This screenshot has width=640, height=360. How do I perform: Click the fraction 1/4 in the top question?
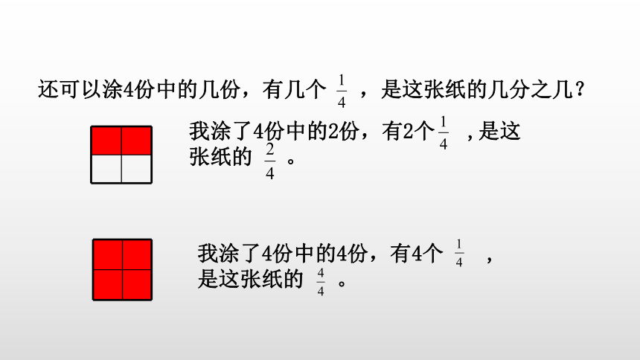[342, 91]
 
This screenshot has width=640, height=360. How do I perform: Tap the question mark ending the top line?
[580, 89]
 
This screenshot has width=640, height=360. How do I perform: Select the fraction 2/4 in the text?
[270, 161]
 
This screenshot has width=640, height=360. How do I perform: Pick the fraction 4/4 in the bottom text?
[321, 282]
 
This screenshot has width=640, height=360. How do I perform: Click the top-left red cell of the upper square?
[106, 141]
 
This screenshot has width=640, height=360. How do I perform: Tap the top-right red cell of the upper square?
[136, 141]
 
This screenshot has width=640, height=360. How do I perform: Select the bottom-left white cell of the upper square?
[106, 169]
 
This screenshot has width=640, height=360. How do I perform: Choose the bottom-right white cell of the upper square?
[136, 169]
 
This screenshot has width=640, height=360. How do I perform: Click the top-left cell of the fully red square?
[108, 254]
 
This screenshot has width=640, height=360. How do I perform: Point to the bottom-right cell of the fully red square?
[137, 284]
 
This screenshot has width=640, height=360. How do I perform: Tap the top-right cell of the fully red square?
[137, 254]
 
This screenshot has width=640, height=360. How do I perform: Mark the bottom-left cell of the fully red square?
[108, 284]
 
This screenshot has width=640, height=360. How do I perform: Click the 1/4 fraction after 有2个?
[444, 133]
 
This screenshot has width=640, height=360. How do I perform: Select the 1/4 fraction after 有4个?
[459, 253]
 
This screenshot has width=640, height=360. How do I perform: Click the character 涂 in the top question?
[112, 89]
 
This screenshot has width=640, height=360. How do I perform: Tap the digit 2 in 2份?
[333, 132]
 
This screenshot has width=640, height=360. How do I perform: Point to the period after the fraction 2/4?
[291, 161]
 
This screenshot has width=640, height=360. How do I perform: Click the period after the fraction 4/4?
[342, 283]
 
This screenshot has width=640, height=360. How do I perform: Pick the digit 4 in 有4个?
[417, 254]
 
